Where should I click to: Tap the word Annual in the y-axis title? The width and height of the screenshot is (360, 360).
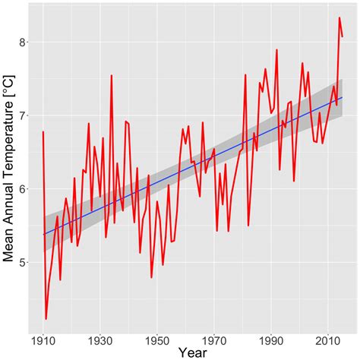(x=10, y=199)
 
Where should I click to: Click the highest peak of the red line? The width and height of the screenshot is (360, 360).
(x=339, y=17)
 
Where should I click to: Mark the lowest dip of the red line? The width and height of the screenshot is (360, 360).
(x=46, y=319)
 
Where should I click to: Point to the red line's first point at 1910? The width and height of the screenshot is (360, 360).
(x=43, y=132)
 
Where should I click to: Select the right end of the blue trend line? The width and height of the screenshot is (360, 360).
(x=343, y=97)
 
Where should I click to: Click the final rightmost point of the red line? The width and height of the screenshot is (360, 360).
(x=343, y=36)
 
